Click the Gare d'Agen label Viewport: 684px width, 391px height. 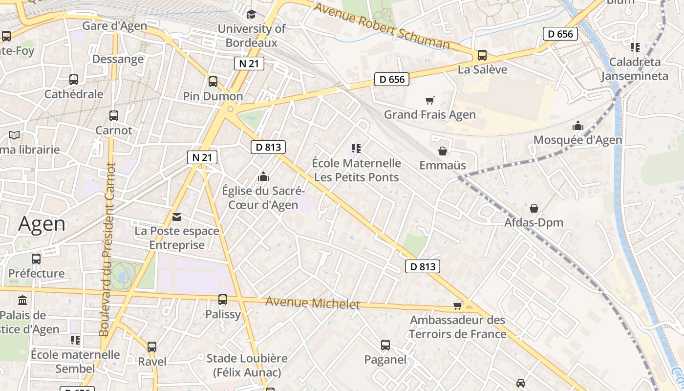pyautogui.click(x=114, y=26)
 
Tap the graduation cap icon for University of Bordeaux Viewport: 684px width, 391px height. pyautogui.click(x=252, y=14)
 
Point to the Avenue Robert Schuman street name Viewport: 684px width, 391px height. pyautogui.click(x=382, y=26)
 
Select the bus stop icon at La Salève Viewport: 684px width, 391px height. pyautogui.click(x=482, y=55)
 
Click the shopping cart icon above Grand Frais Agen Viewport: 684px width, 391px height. pyautogui.click(x=430, y=100)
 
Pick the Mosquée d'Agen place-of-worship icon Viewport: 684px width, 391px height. pyautogui.click(x=578, y=126)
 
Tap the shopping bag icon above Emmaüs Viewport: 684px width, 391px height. pyautogui.click(x=443, y=151)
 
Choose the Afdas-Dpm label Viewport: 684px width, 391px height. pyautogui.click(x=534, y=223)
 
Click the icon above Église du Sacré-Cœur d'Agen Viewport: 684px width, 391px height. pyautogui.click(x=263, y=176)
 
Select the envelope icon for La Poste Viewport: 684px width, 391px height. pyautogui.click(x=176, y=217)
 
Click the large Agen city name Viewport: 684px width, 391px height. pyautogui.click(x=42, y=224)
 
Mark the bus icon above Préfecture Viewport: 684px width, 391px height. pyautogui.click(x=36, y=259)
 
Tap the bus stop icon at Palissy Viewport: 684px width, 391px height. pyautogui.click(x=223, y=299)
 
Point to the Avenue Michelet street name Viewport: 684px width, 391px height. pyautogui.click(x=313, y=303)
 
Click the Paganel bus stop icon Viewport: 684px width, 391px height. pyautogui.click(x=385, y=345)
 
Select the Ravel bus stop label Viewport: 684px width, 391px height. pyautogui.click(x=152, y=362)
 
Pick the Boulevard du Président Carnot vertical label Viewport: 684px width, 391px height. pyautogui.click(x=105, y=249)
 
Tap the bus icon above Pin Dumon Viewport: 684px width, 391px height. pyautogui.click(x=213, y=81)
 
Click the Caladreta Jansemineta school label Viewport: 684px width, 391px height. pyautogui.click(x=634, y=69)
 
